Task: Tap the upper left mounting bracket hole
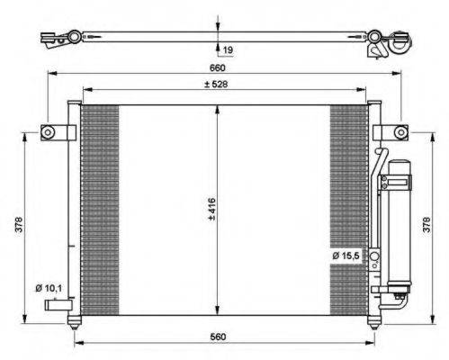pyautogui.click(x=51, y=132)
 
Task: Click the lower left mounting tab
pyautogui.click(x=58, y=307)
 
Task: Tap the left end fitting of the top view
pyautogui.click(x=58, y=38)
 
